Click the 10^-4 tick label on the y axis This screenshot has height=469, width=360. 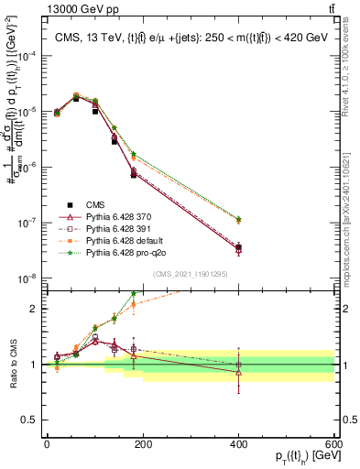27,55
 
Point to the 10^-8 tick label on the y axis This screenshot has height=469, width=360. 27,278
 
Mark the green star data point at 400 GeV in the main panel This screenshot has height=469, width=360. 239,219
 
